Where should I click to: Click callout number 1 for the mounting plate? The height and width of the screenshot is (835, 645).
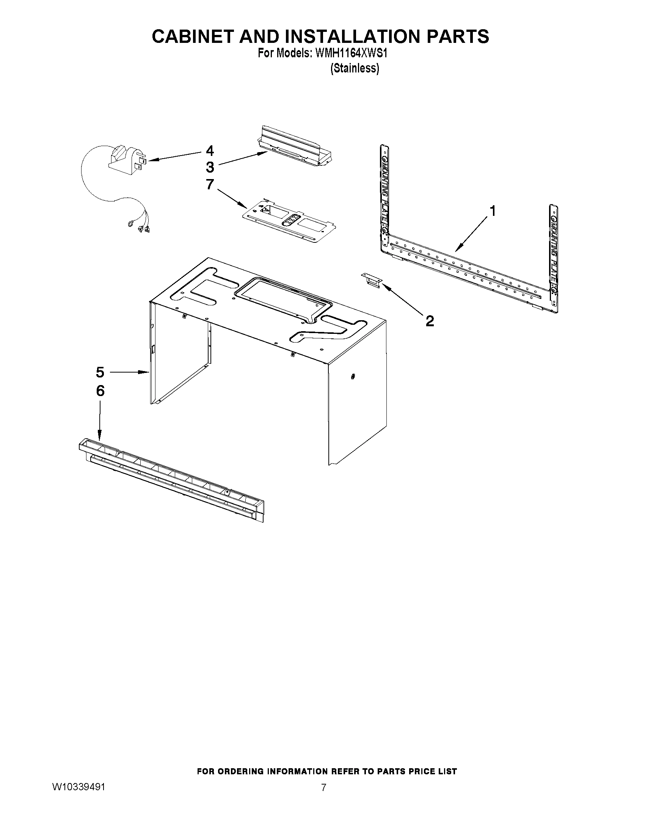tap(493, 211)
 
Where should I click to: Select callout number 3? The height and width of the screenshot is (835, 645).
tap(210, 167)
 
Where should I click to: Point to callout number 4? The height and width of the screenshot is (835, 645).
tap(210, 151)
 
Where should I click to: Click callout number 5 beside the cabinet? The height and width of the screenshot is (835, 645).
tap(100, 372)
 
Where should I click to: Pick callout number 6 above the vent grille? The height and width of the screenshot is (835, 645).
tap(100, 391)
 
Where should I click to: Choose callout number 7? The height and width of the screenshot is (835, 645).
tap(210, 184)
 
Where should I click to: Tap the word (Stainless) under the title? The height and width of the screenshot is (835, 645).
tap(355, 68)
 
